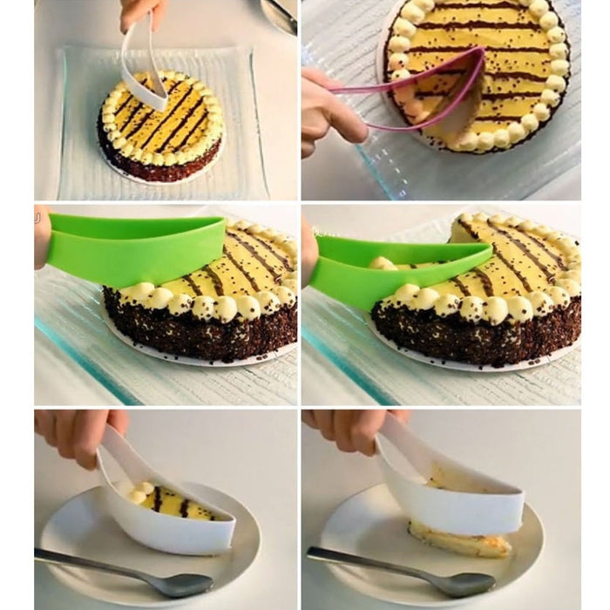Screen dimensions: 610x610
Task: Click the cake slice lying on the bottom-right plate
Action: pos(462,540)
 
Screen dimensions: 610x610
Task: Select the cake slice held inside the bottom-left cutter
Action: pos(174,503)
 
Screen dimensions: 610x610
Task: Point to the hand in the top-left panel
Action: pos(139,12)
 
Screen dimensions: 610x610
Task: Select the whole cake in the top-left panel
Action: pos(161,126)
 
